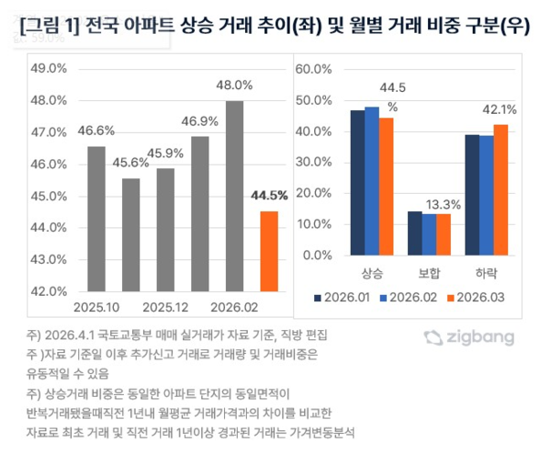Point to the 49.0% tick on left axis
pos(49,69)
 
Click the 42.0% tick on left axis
pos(49,290)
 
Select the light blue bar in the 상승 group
pos(372,181)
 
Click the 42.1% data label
pos(500,110)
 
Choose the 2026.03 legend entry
pos(475,297)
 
